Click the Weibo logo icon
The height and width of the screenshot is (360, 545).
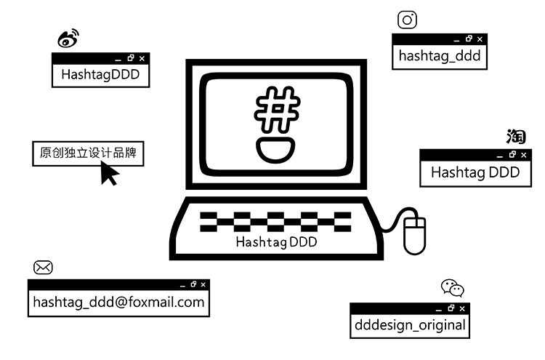(x=68, y=39)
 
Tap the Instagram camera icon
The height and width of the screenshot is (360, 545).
(x=408, y=20)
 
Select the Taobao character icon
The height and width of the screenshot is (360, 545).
(x=516, y=137)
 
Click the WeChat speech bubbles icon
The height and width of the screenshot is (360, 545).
(x=453, y=288)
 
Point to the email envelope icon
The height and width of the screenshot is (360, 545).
(x=43, y=267)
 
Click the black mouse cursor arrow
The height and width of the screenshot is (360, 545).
(x=109, y=173)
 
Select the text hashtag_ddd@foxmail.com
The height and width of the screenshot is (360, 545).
(x=118, y=302)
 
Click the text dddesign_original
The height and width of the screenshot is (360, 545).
(x=410, y=324)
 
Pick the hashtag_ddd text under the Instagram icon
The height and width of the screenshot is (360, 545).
(x=440, y=56)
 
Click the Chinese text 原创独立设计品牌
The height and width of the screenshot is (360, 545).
(x=88, y=153)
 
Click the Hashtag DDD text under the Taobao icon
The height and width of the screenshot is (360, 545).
(x=475, y=172)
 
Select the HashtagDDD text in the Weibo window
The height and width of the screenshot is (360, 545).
(x=100, y=74)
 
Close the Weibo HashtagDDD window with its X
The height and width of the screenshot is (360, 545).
(x=142, y=58)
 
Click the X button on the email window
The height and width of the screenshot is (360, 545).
(x=203, y=284)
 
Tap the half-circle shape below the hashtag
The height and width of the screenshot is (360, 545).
(x=276, y=151)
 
